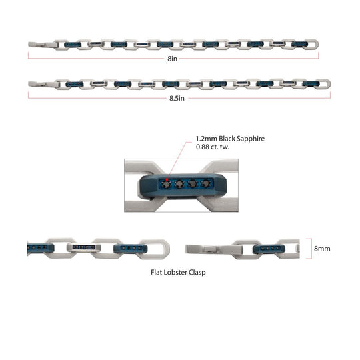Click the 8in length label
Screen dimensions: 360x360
pyautogui.click(x=172, y=59)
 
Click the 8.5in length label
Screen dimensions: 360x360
pyautogui.click(x=177, y=98)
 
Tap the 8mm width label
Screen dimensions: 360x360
pyautogui.click(x=322, y=249)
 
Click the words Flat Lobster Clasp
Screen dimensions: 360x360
pyautogui.click(x=178, y=272)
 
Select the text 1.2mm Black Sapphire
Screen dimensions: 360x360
pyautogui.click(x=230, y=139)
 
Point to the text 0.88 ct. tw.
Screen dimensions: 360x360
pyautogui.click(x=213, y=147)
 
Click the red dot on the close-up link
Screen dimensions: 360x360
pyautogui.click(x=167, y=179)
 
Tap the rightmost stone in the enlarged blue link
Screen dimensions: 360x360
pyautogui.click(x=205, y=184)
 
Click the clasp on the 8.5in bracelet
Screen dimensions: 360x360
pyautogui.click(x=43, y=84)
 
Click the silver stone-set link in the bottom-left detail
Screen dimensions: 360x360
pyautogui.click(x=84, y=247)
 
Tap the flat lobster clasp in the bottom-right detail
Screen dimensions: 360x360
pyautogui.click(x=214, y=249)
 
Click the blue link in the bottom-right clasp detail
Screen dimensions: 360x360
pyautogui.click(x=269, y=249)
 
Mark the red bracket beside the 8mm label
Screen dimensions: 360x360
pyautogui.click(x=311, y=249)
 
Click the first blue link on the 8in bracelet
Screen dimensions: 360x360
pyautogui.click(x=73, y=45)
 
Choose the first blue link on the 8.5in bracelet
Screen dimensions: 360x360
pyautogui.click(x=75, y=84)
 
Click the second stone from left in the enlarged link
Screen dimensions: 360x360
pyautogui.click(x=179, y=184)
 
